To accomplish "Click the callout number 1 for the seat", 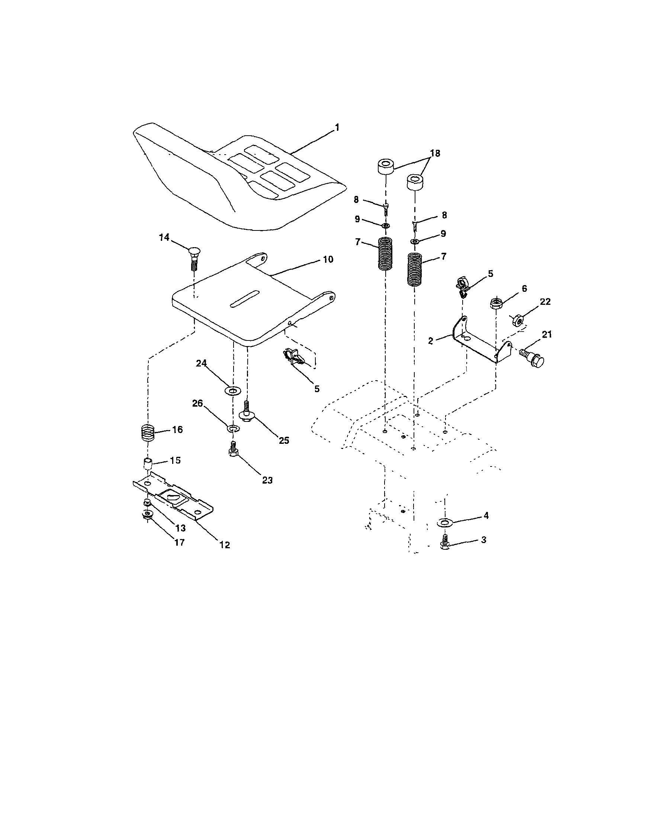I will tap(337, 127).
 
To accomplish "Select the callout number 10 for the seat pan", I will tap(328, 259).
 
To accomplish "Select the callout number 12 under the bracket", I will tap(225, 545).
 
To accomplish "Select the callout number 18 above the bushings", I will tap(435, 153).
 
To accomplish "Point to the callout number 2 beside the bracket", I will tap(430, 341).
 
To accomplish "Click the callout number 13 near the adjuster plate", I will tap(180, 528).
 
